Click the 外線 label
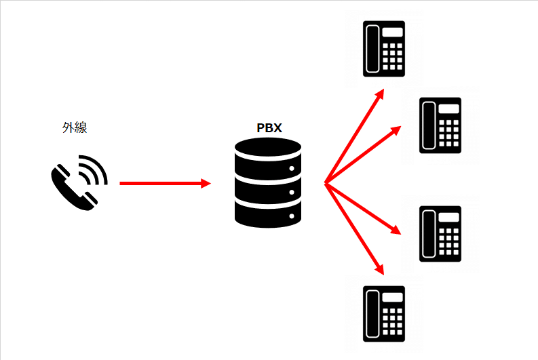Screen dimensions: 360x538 pyautogui.click(x=75, y=128)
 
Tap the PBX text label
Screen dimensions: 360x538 pyautogui.click(x=269, y=127)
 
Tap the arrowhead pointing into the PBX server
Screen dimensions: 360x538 pyautogui.click(x=206, y=183)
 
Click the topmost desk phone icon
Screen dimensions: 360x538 pyautogui.click(x=385, y=48)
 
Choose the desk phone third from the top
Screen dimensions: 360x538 pyautogui.click(x=440, y=233)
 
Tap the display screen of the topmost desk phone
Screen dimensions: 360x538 pyautogui.click(x=393, y=32)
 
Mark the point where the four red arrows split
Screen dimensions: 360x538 pyautogui.click(x=326, y=183)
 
